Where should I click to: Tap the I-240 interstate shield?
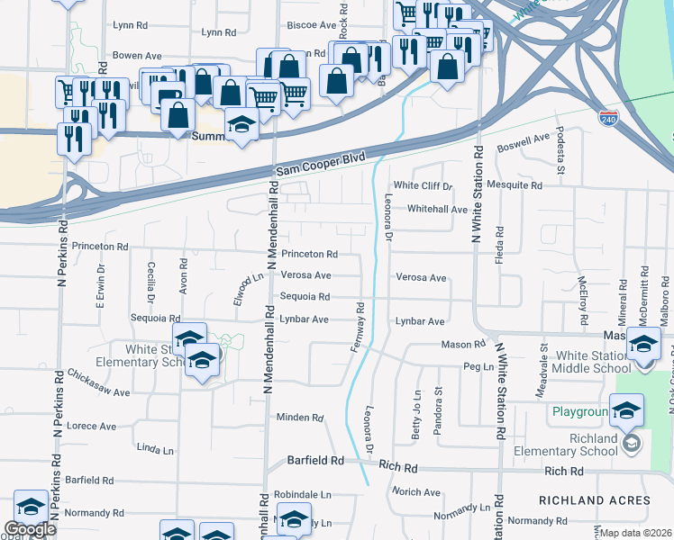pyautogui.click(x=610, y=118)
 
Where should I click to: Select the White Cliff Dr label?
pyautogui.click(x=423, y=186)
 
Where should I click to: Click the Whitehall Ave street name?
pyautogui.click(x=437, y=209)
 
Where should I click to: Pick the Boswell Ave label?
pyautogui.click(x=524, y=141)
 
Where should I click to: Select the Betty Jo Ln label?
pyautogui.click(x=417, y=412)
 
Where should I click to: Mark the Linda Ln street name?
pyautogui.click(x=154, y=448)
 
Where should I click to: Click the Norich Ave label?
pyautogui.click(x=416, y=492)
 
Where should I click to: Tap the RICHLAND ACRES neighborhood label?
pyautogui.click(x=594, y=499)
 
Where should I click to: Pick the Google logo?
pyautogui.click(x=30, y=529)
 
